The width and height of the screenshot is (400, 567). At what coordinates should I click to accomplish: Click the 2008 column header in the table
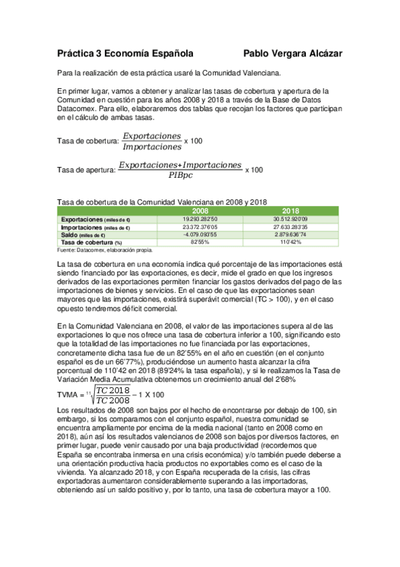(x=200, y=211)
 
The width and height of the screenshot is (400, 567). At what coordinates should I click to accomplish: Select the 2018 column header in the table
(x=290, y=211)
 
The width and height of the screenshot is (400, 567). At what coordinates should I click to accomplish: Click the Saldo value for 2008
(x=200, y=235)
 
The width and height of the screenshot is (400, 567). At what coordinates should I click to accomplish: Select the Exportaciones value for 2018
(x=290, y=219)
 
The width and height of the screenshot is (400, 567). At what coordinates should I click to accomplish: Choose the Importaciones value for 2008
(x=200, y=227)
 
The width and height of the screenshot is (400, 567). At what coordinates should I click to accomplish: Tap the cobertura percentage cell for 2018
(x=290, y=242)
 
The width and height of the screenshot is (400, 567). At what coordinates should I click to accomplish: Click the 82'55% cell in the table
(x=200, y=242)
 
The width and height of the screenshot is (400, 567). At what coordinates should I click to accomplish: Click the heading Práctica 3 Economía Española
(x=126, y=52)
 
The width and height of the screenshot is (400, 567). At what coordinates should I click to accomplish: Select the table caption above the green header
(x=162, y=202)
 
